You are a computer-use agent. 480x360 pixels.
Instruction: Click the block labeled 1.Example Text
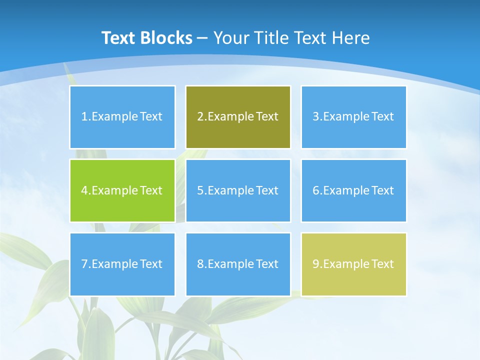point(122,117)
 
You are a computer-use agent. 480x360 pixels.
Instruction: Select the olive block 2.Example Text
point(238,117)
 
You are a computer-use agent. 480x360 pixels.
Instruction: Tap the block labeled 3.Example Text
point(353,117)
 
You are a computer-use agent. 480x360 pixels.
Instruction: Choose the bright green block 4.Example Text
point(122,190)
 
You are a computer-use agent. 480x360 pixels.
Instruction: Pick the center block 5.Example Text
point(238,190)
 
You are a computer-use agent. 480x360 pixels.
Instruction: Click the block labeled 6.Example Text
point(353,190)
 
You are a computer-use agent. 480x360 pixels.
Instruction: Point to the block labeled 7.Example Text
point(122,264)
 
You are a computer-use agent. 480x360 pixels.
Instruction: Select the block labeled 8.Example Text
point(238,264)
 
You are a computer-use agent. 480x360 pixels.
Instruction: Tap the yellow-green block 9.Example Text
point(353,264)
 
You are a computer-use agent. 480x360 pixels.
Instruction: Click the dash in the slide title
point(202,38)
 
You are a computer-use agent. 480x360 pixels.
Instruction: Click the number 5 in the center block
point(200,190)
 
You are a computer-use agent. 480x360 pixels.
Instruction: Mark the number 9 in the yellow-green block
point(316,264)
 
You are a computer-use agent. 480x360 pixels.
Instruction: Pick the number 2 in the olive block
point(200,117)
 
